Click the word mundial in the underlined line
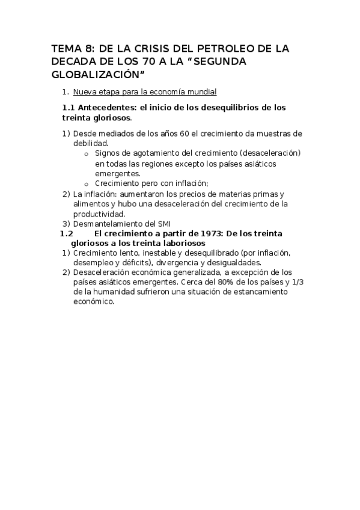[x=203, y=91]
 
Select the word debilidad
[x=90, y=143]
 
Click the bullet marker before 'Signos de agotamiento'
[x=87, y=153]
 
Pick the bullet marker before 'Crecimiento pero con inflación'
[x=87, y=184]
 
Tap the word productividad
[x=99, y=214]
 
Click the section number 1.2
[x=67, y=233]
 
